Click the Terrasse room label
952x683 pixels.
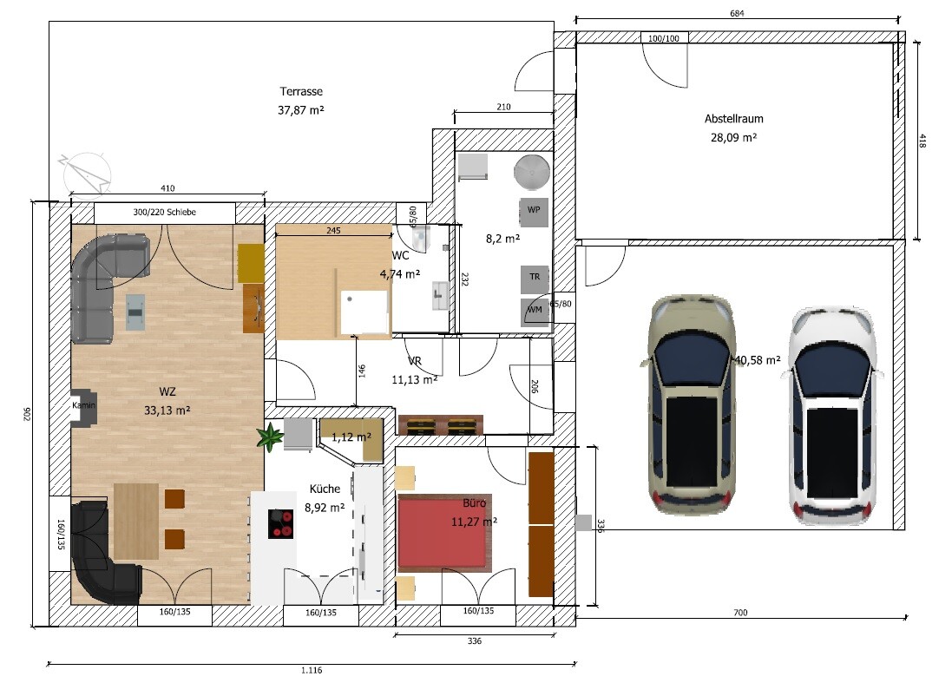coord(301,92)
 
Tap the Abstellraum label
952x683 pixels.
coord(733,119)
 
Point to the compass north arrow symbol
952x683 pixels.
coord(86,174)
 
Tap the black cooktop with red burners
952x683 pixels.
coord(280,524)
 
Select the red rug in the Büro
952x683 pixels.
coord(443,533)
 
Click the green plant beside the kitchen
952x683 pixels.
coord(270,437)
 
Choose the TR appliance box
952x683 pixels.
coord(535,279)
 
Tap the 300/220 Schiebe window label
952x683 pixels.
coord(165,213)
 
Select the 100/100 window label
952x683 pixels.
coord(664,38)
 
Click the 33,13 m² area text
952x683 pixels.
coord(167,410)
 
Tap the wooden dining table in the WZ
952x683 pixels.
coord(136,521)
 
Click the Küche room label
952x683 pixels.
coord(325,489)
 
